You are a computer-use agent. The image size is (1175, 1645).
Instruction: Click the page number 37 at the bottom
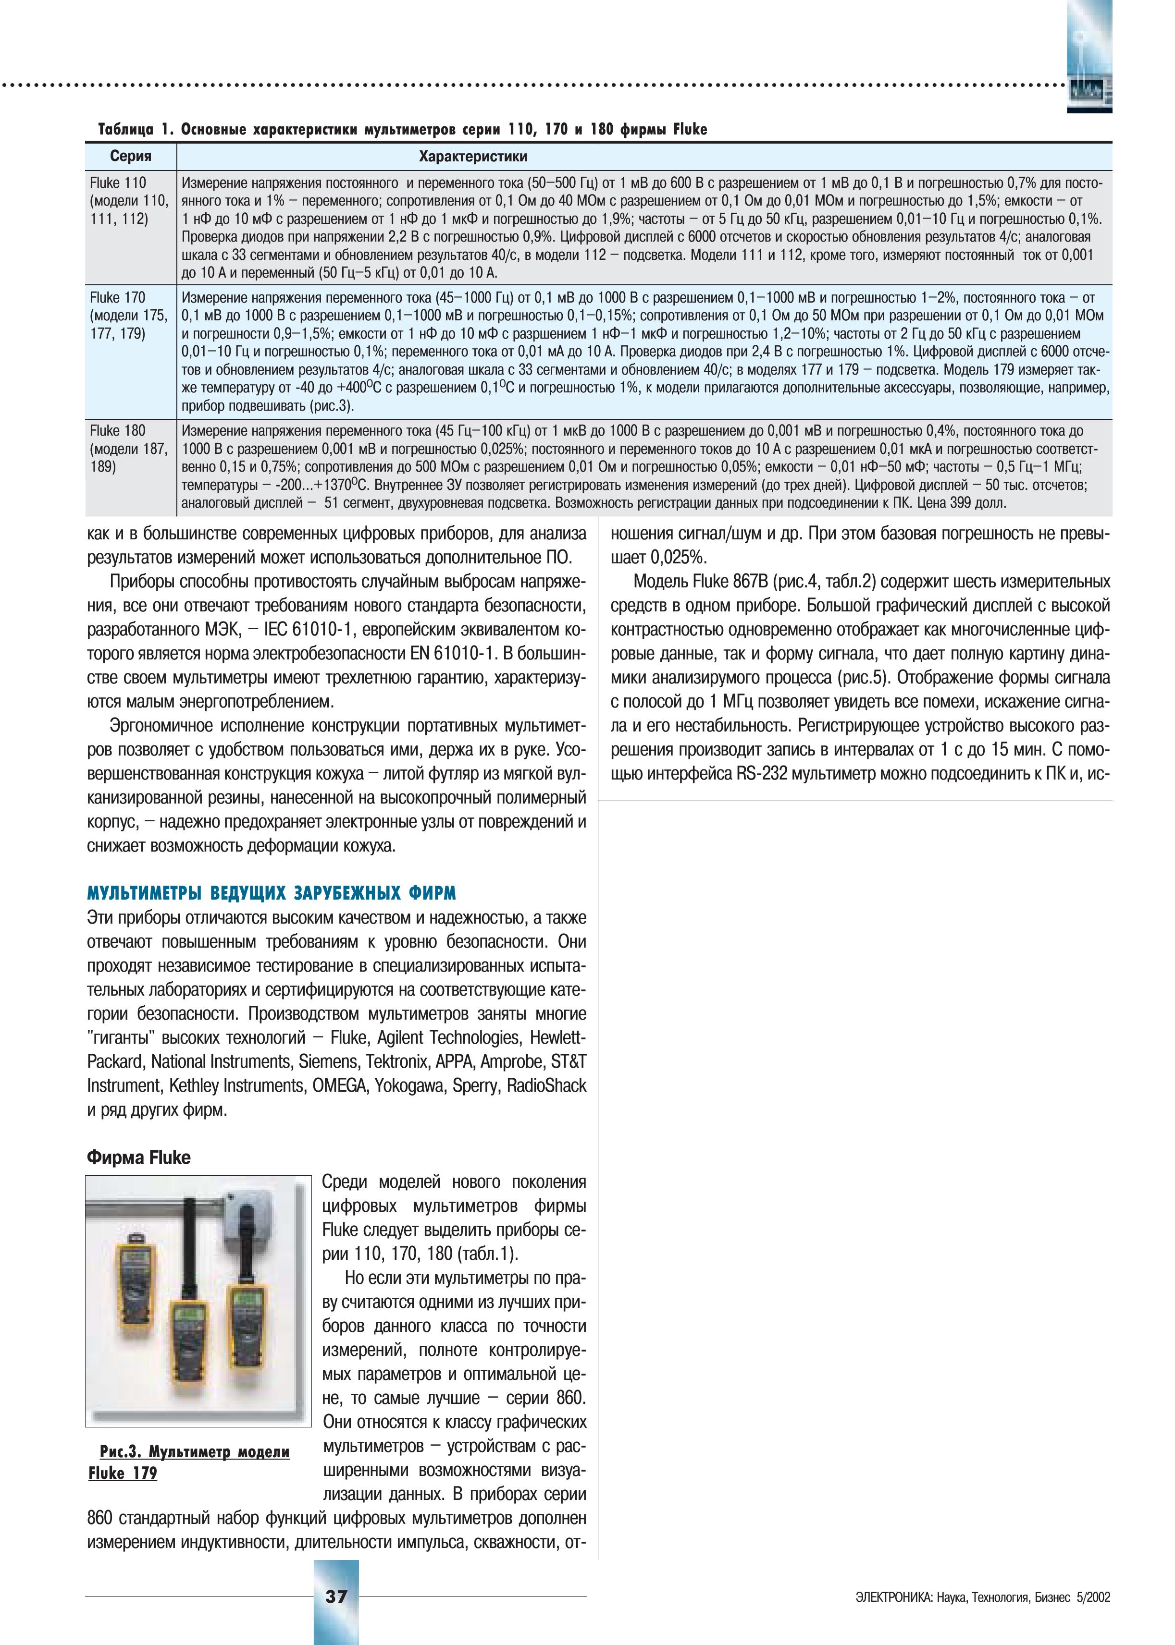[336, 1596]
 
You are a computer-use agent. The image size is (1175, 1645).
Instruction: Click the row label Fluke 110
[118, 183]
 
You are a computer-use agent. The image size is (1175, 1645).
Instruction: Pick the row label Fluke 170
[118, 297]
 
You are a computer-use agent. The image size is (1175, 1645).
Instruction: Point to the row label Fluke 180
[118, 431]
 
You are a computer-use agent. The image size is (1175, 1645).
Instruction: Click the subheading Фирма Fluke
[138, 1158]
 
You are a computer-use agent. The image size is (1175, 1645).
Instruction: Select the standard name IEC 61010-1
[307, 630]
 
